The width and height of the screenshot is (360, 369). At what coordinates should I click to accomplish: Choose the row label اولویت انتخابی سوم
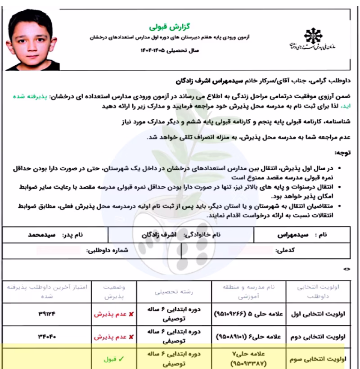click(321, 360)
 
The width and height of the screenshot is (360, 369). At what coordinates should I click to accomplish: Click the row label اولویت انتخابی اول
click(321, 314)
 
